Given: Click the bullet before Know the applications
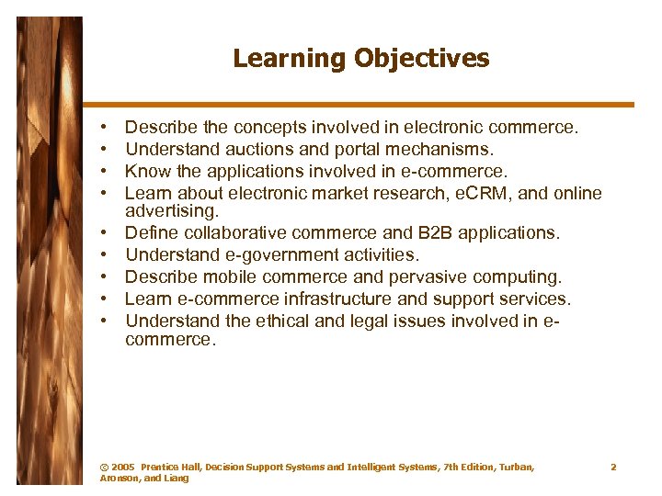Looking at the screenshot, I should click(106, 172).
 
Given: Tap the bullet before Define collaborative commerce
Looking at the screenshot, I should click(106, 234).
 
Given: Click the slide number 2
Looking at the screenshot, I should click(613, 468).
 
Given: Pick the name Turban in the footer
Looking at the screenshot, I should click(517, 468).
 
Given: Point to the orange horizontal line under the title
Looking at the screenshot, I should click(367, 104).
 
